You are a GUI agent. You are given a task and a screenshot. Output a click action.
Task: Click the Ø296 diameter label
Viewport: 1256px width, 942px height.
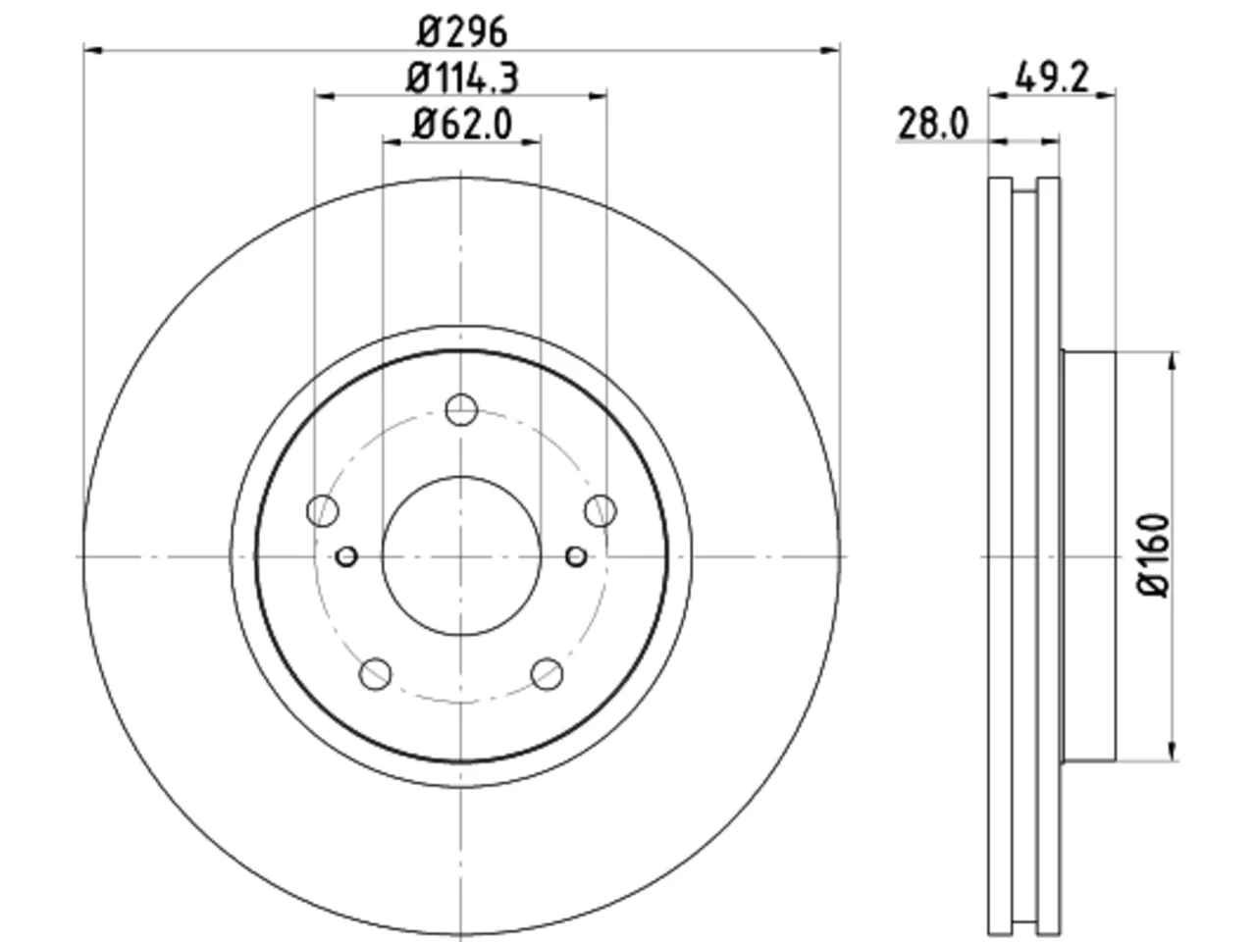point(462,32)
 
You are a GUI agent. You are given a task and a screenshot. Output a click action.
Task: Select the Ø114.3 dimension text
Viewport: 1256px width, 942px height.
point(462,78)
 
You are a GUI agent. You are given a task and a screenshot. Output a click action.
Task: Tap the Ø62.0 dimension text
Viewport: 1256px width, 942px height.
point(462,124)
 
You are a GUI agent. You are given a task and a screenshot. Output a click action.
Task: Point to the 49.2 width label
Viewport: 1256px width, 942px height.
point(1052,78)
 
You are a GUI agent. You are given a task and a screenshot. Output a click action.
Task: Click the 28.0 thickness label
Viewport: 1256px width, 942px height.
point(934,124)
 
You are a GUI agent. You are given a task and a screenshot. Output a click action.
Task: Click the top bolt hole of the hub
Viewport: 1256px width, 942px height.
point(461,409)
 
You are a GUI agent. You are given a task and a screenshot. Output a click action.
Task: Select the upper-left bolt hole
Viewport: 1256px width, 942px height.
point(323,511)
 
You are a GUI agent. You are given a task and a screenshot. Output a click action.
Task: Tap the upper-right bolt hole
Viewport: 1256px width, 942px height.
point(601,511)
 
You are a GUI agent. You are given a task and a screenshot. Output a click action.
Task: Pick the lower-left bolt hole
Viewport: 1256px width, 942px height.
point(376,674)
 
